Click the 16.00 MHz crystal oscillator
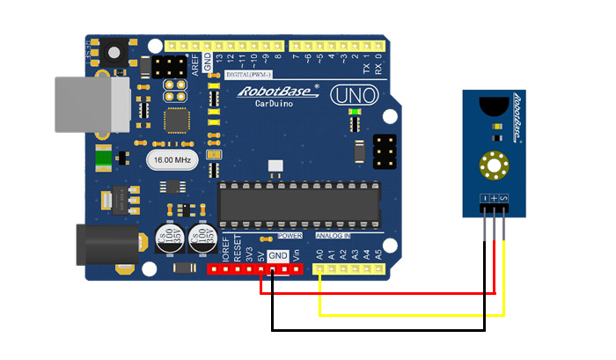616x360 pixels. pyautogui.click(x=171, y=161)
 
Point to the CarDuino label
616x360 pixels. pyautogui.click(x=274, y=105)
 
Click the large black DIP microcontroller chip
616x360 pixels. pyautogui.click(x=300, y=202)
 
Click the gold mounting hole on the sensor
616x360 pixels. pyautogui.click(x=495, y=165)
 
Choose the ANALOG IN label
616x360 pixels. pyautogui.click(x=334, y=237)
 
